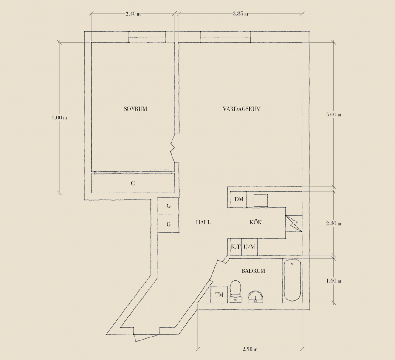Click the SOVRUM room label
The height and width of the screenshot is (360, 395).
click(x=135, y=109)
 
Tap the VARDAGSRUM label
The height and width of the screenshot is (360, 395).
click(x=242, y=109)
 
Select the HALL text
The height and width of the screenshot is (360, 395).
click(x=203, y=222)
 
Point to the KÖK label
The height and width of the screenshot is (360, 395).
click(x=256, y=222)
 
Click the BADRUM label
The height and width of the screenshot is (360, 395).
click(x=253, y=271)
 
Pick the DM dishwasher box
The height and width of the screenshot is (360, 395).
click(x=239, y=199)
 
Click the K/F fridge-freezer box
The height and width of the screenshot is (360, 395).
click(x=236, y=247)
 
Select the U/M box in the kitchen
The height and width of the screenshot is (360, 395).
click(x=249, y=247)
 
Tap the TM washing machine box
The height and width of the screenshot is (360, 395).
click(x=220, y=295)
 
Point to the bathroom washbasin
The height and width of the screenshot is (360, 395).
click(x=255, y=297)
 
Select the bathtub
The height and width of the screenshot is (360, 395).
click(x=292, y=281)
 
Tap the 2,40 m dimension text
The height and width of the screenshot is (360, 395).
click(x=133, y=14)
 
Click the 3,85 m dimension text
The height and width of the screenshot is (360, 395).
click(x=240, y=14)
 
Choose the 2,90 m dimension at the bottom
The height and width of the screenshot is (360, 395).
click(x=250, y=349)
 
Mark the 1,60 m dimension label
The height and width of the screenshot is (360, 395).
click(x=333, y=281)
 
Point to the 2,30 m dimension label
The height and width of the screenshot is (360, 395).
click(x=333, y=224)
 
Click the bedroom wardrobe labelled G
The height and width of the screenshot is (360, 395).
click(x=133, y=183)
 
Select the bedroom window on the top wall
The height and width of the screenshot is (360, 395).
click(x=147, y=37)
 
